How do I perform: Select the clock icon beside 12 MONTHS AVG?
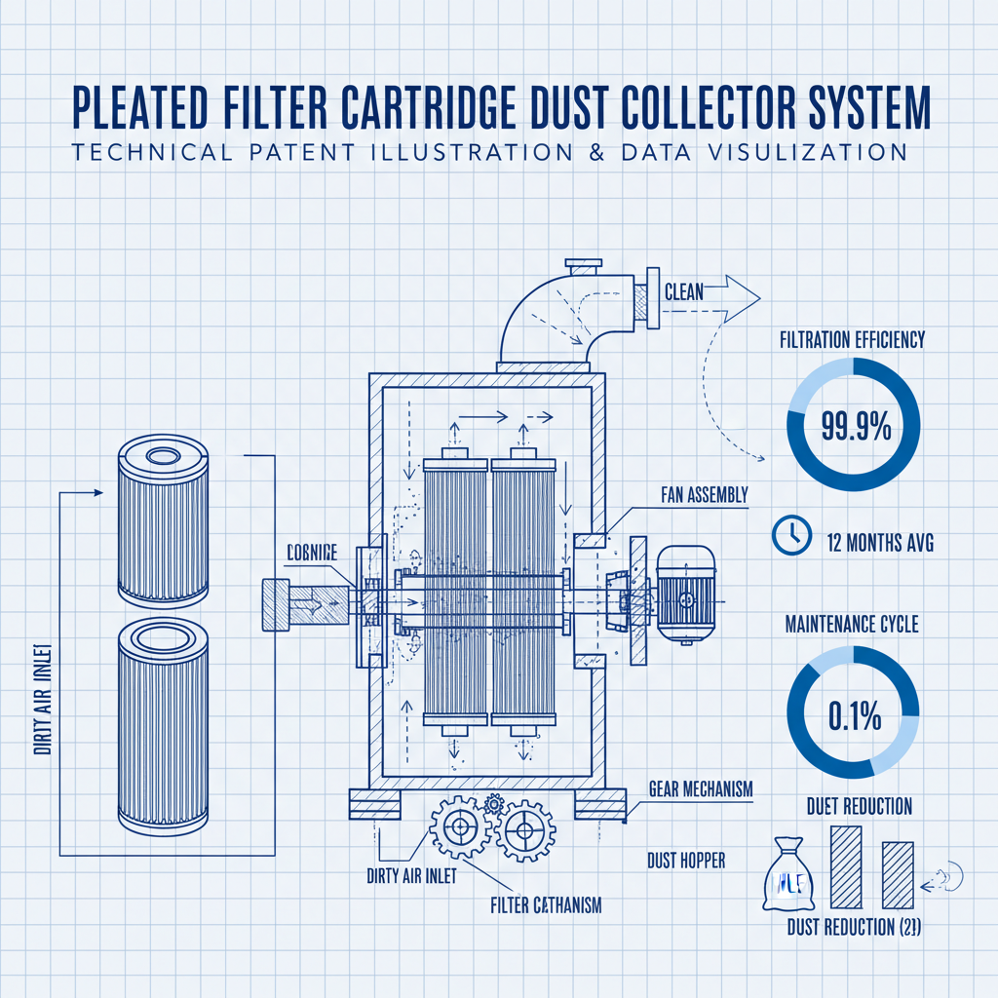pyautogui.click(x=790, y=535)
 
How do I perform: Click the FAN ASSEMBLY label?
pyautogui.click(x=698, y=495)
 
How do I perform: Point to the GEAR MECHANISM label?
pyautogui.click(x=700, y=789)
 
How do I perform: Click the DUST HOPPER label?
pyautogui.click(x=686, y=861)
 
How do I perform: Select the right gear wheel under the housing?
pyautogui.click(x=524, y=831)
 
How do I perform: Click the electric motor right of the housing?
pyautogui.click(x=685, y=594)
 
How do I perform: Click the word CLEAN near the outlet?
pyautogui.click(x=684, y=290)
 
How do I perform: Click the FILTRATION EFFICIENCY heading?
pyautogui.click(x=852, y=340)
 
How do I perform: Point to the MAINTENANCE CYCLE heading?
pyautogui.click(x=852, y=625)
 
